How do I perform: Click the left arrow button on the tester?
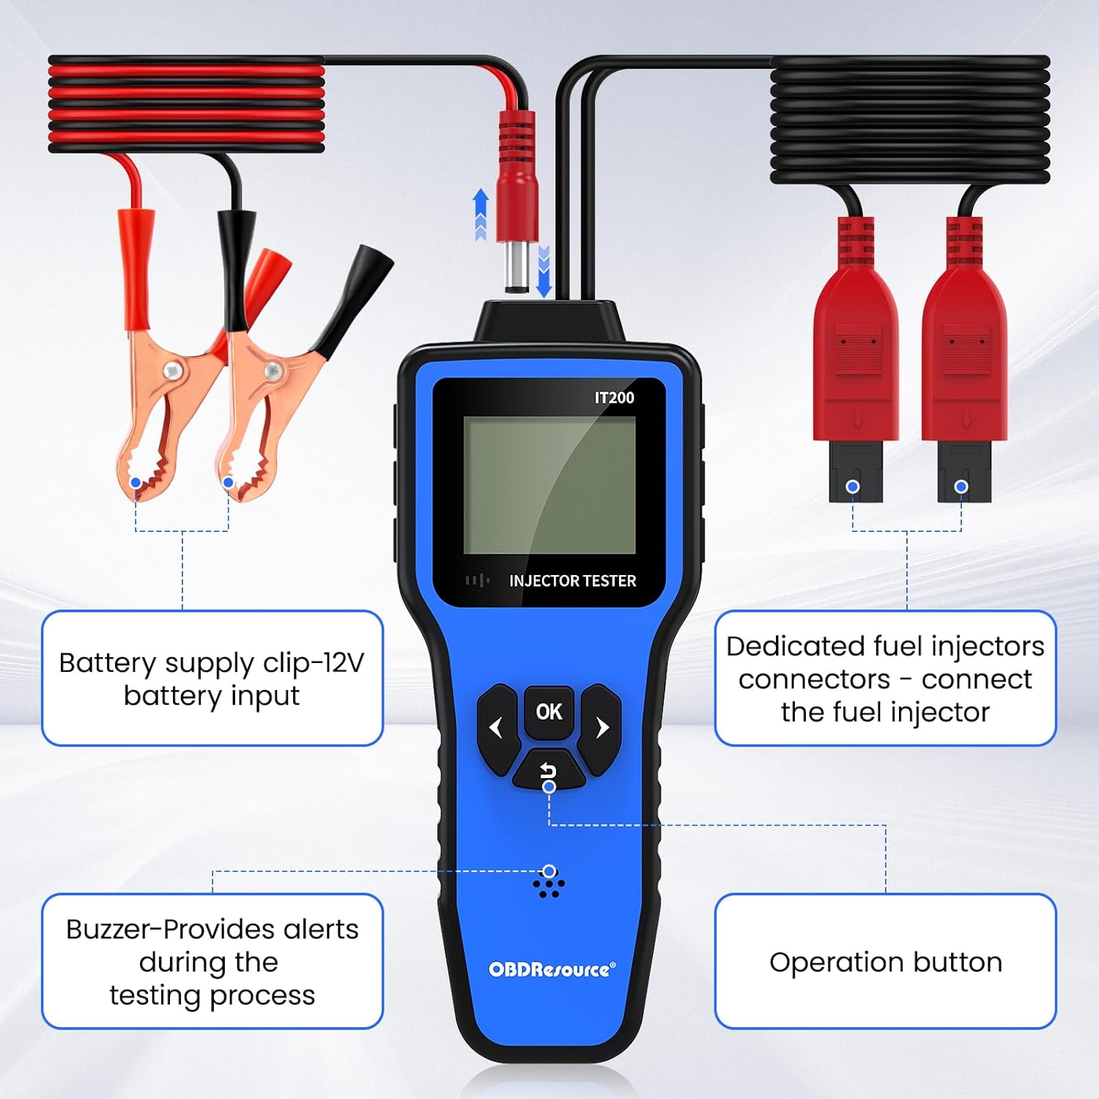click(497, 728)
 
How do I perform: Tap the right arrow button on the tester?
click(602, 728)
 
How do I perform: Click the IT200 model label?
click(614, 398)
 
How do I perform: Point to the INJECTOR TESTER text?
click(572, 581)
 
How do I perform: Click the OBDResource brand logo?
click(552, 969)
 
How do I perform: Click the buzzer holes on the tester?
click(549, 885)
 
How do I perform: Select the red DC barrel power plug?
click(517, 198)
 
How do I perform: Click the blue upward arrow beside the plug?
click(481, 212)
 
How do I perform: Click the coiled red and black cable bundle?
click(186, 104)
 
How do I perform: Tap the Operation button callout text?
click(885, 962)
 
